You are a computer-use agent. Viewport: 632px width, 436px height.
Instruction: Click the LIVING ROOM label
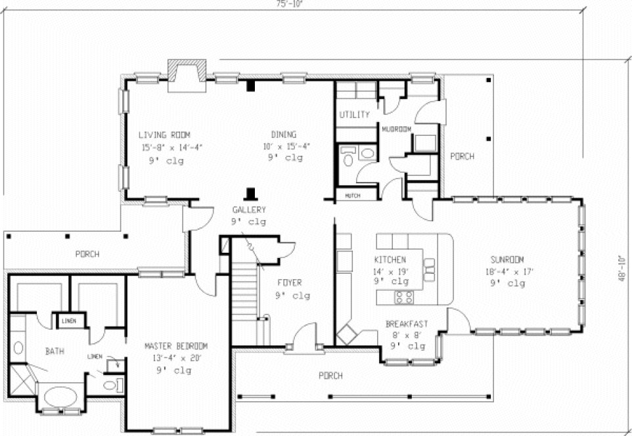tap(166, 135)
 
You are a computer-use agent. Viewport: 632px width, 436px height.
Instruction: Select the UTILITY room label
tap(354, 115)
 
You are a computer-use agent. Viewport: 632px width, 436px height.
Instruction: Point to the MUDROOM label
tap(397, 129)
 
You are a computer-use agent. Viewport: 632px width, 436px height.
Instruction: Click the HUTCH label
tap(352, 195)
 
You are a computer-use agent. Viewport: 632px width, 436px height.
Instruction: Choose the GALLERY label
tap(248, 210)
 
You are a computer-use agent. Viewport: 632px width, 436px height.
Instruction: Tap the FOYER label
tap(289, 283)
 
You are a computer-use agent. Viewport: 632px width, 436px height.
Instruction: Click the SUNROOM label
tap(507, 259)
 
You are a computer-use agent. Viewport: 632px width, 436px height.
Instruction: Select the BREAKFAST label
tap(407, 324)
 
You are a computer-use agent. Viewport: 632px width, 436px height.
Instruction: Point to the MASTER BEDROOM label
tap(176, 346)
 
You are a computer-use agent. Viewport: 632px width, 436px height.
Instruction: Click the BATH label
tap(55, 351)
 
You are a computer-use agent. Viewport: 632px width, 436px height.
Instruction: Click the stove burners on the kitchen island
tap(404, 297)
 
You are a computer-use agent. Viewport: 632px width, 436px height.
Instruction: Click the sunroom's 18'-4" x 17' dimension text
tap(507, 271)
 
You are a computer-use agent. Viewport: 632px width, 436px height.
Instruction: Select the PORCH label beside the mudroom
tap(462, 157)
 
